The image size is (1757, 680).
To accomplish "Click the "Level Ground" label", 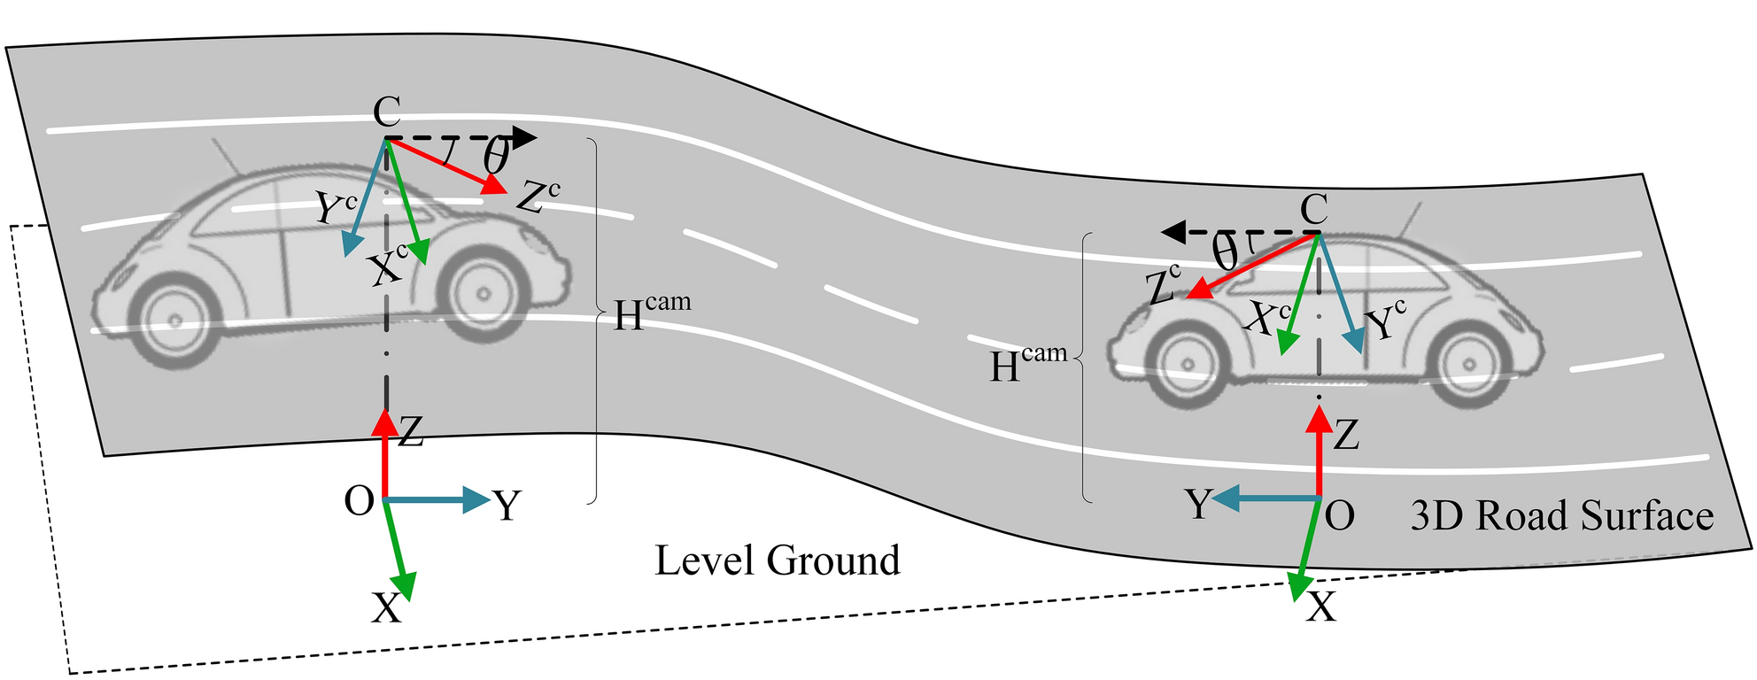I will (x=777, y=560).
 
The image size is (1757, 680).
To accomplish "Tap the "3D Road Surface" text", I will (x=1561, y=516).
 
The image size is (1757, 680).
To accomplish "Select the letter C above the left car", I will (x=387, y=113).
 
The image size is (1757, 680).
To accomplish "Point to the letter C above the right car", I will (x=1314, y=211).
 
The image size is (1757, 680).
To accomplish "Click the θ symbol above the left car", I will (x=496, y=158).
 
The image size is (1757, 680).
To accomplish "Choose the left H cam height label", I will (x=652, y=311).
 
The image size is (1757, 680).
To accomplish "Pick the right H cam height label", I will (x=1027, y=363).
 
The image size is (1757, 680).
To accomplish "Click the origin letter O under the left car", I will (x=359, y=502).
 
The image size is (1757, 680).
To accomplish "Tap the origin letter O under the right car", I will (x=1339, y=515).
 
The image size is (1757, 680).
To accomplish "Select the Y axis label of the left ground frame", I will (x=507, y=506).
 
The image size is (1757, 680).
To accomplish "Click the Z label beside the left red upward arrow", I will (x=411, y=433).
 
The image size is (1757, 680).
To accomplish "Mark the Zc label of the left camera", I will (x=537, y=197).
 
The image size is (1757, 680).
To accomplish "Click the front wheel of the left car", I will (x=482, y=293).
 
